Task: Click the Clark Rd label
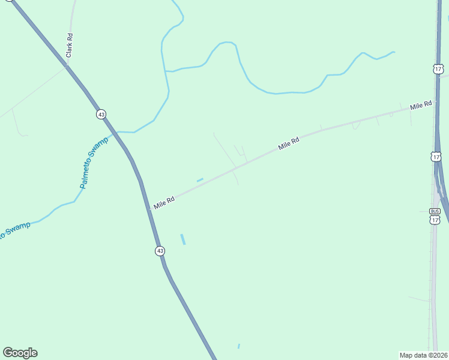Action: pos(70,45)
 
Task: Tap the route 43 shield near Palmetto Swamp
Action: pos(101,114)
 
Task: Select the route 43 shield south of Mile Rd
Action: pos(159,251)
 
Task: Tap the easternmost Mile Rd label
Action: pos(421,105)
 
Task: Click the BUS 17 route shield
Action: pos(435,216)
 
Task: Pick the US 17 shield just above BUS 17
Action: pos(436,157)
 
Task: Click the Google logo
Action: pos(20,353)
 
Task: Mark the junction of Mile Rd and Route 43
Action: pos(149,209)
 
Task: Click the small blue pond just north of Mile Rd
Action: pos(200,179)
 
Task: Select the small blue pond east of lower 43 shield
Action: pos(183,239)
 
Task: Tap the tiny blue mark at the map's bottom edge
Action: pos(238,346)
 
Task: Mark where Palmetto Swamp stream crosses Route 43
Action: pos(116,132)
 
